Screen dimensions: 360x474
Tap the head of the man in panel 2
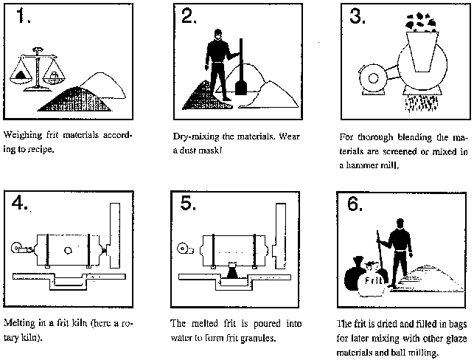pyautogui.click(x=217, y=35)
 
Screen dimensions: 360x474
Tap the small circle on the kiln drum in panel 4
pyautogui.click(x=68, y=250)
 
